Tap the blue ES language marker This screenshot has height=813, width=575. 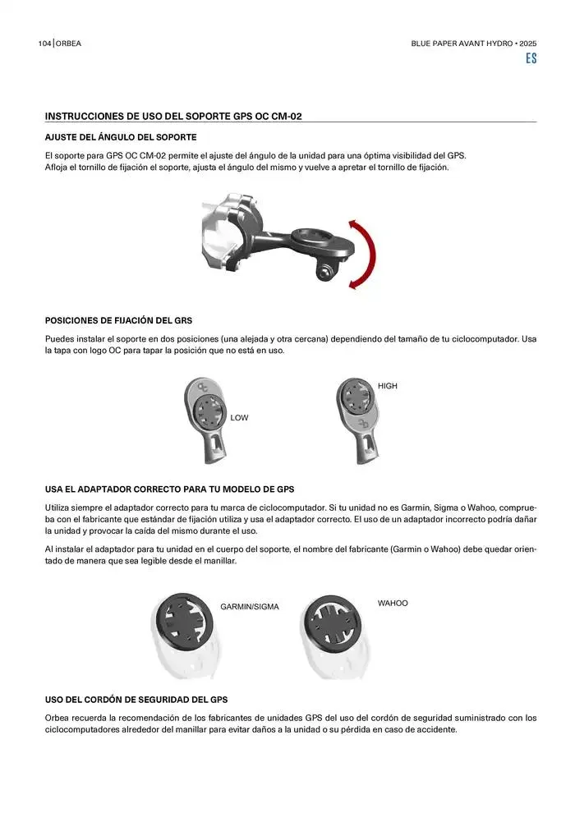[x=531, y=59]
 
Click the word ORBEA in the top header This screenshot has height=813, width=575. [x=69, y=43]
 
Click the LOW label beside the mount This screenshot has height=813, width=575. [x=239, y=418]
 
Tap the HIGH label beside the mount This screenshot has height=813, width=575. [x=388, y=386]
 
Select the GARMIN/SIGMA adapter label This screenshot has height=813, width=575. [x=250, y=607]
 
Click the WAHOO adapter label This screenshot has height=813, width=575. [x=393, y=604]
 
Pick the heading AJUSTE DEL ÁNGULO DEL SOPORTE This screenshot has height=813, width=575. [x=121, y=136]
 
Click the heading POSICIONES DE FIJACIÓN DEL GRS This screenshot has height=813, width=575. [x=118, y=320]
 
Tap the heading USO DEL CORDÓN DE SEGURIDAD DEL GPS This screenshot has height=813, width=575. [x=136, y=700]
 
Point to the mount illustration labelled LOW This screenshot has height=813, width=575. [x=206, y=418]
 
